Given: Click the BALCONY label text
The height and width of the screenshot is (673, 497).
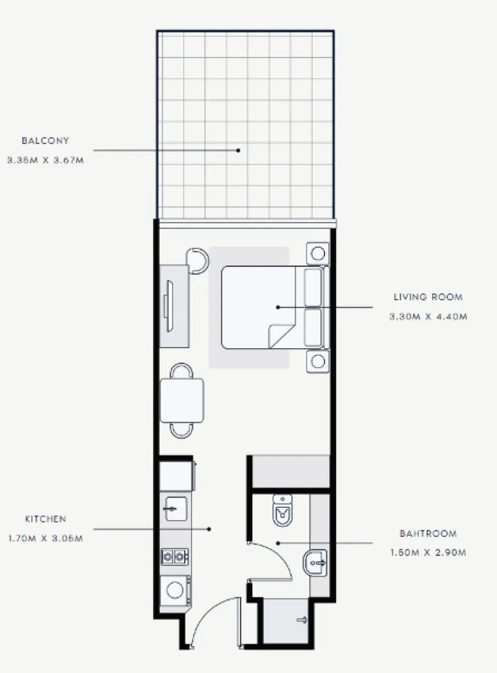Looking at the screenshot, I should (45, 141).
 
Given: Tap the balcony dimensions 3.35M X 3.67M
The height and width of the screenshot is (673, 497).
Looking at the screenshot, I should (45, 161).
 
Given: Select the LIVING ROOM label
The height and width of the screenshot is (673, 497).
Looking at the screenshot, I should (428, 297).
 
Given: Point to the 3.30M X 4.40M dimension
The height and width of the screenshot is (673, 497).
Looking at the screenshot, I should (428, 317).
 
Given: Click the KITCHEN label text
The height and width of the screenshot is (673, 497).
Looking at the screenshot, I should (45, 519).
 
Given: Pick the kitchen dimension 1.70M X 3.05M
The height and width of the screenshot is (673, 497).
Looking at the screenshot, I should (45, 538).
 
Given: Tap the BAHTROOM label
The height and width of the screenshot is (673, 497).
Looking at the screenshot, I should (428, 534).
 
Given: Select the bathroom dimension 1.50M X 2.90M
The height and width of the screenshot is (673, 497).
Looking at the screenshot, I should (428, 553).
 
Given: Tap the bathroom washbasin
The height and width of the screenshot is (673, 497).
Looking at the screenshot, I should (316, 560).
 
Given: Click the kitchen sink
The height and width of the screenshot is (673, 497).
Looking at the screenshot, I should (176, 508).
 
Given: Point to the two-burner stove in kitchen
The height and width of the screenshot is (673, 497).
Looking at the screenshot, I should (174, 556).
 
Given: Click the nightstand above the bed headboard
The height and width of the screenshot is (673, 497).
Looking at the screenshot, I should (318, 253).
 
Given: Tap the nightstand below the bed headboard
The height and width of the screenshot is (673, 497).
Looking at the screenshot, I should (318, 361).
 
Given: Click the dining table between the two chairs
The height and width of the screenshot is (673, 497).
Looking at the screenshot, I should (181, 400).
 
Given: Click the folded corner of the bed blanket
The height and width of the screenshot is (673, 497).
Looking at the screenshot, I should (278, 335).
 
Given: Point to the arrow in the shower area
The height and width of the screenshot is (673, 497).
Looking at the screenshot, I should (302, 620).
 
